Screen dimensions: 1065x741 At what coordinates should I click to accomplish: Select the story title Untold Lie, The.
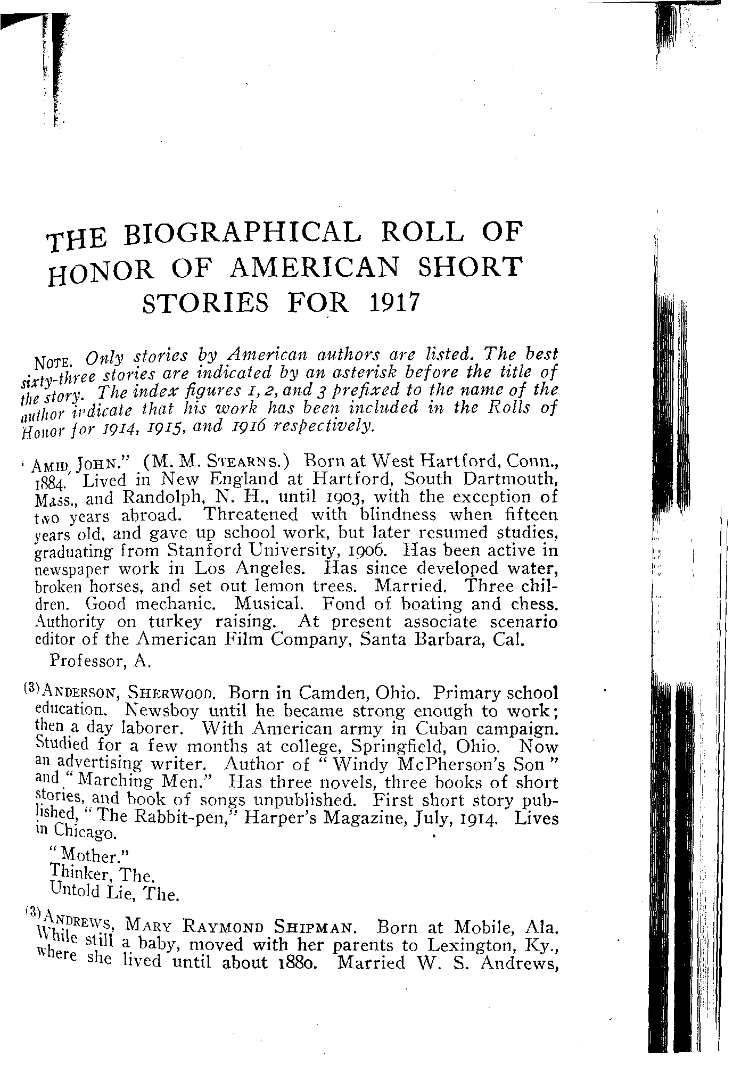[x=112, y=894]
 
